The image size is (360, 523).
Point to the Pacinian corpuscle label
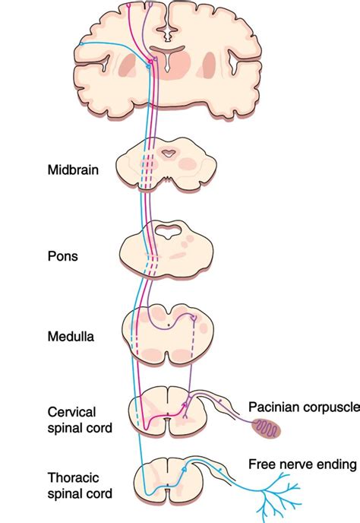(x=304, y=407)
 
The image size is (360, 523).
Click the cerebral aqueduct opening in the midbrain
(x=168, y=155)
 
